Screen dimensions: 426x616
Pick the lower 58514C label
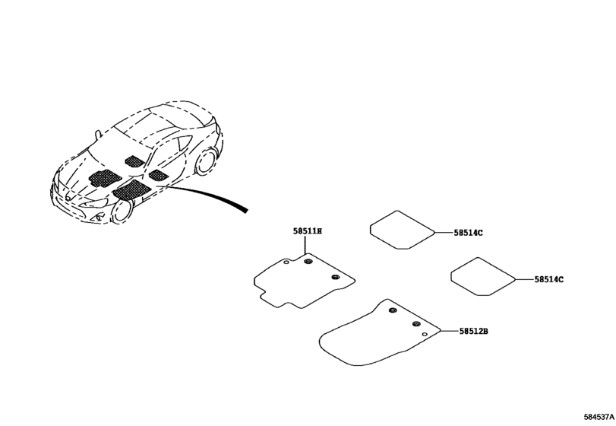(x=548, y=280)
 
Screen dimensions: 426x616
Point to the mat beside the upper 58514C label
(x=400, y=229)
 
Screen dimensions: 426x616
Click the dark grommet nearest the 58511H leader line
(x=308, y=262)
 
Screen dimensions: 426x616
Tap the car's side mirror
(x=97, y=136)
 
